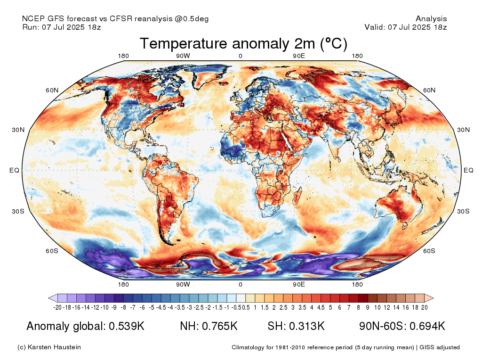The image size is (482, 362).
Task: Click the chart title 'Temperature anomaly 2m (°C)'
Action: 243,43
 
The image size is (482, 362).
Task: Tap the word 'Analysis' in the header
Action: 431,19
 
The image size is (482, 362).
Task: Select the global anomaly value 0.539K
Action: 127,326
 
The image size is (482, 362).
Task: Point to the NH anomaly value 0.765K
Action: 219,326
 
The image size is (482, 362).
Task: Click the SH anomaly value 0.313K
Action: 307,326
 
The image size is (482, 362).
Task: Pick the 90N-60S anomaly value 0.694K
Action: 427,326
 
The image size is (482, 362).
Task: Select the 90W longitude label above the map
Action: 183,56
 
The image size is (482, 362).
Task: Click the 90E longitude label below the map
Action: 299,284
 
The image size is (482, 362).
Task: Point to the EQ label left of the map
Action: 14,170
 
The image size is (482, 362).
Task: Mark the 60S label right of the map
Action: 429,251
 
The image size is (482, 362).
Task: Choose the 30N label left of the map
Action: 18,130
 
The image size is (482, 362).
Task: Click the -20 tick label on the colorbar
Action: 57,307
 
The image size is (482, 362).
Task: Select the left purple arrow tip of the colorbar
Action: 49,298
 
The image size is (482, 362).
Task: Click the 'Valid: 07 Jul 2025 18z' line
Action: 406,27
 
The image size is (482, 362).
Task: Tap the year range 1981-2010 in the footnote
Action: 291,347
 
